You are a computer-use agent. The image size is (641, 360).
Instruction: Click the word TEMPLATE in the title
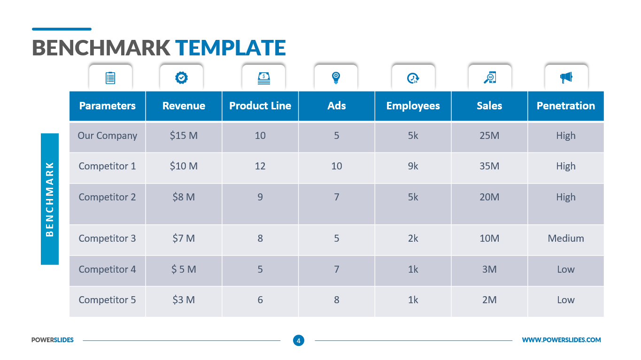(230, 48)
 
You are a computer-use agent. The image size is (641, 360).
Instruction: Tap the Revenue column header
(184, 106)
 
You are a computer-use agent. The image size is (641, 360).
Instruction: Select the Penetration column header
(565, 106)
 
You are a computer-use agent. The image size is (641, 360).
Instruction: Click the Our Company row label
(108, 136)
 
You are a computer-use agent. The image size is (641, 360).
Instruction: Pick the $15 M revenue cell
(184, 136)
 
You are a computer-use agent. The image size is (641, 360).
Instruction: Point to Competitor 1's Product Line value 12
(260, 166)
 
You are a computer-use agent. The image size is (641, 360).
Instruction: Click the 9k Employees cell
(413, 166)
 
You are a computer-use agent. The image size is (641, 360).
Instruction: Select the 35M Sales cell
(489, 166)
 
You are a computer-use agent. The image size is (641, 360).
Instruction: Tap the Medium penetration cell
(565, 238)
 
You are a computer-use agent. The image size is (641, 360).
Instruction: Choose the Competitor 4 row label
(108, 269)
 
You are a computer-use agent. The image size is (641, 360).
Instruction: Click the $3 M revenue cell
(184, 300)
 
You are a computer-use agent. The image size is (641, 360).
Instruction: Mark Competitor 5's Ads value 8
(337, 300)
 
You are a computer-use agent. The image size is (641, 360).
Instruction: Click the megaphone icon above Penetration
(566, 77)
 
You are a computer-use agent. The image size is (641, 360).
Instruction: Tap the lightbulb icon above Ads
(336, 77)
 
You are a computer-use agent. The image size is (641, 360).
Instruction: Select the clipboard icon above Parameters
(110, 77)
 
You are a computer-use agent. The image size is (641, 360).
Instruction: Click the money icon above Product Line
(263, 77)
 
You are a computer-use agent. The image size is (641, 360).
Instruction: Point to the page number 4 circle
(298, 340)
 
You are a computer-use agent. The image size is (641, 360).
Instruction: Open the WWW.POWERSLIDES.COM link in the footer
(561, 340)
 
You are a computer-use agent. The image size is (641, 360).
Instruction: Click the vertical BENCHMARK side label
(50, 199)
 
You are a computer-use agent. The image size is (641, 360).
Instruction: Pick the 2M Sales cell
(489, 300)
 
